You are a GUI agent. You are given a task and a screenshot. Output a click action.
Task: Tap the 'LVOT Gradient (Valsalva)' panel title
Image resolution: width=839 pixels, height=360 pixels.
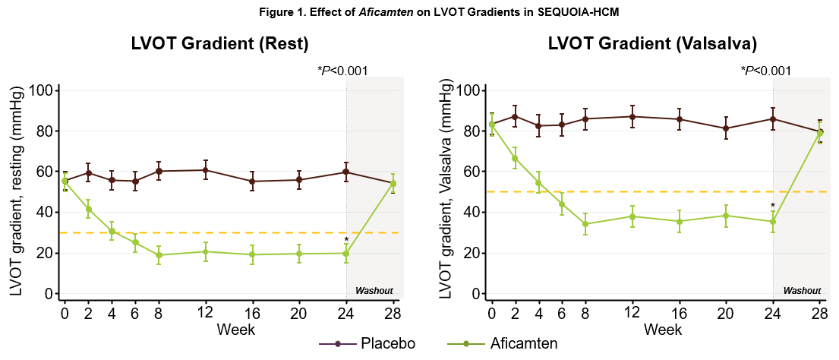click(652, 44)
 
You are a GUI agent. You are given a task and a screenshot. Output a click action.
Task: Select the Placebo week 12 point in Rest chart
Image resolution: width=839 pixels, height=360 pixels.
click(205, 170)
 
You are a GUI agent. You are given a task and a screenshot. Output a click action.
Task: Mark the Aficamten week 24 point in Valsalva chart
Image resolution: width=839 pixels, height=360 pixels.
click(773, 222)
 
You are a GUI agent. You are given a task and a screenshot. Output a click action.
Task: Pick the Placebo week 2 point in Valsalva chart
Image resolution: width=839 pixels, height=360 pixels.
click(516, 116)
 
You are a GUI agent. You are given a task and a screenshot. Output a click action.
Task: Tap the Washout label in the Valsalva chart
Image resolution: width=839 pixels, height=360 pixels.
click(802, 291)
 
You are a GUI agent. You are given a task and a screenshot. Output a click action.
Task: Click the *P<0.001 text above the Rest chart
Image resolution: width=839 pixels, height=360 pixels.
click(342, 71)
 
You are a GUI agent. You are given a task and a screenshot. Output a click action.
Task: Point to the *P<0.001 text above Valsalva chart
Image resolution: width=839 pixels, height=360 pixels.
click(766, 71)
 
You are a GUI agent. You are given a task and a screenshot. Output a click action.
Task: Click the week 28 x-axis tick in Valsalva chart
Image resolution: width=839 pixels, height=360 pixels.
click(820, 312)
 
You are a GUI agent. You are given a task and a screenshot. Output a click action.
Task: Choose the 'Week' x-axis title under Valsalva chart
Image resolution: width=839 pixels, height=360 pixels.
click(663, 330)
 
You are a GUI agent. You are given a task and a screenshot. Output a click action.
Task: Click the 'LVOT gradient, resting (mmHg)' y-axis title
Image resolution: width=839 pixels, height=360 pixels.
click(15, 191)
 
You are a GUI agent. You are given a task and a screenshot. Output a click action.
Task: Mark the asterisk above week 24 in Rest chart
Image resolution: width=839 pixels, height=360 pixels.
click(346, 240)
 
